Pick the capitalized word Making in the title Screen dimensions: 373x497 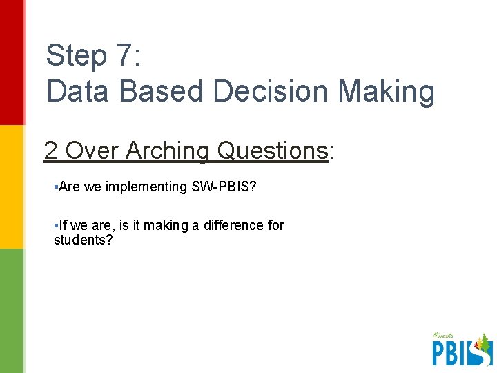tap(387, 91)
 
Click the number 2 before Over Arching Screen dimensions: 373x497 tap(51, 150)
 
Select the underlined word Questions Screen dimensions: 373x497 tap(272, 151)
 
